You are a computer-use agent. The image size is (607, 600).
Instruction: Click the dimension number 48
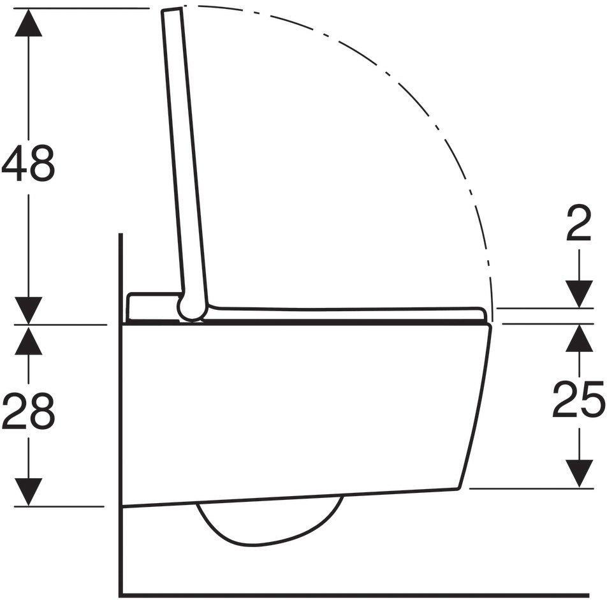[x=29, y=163]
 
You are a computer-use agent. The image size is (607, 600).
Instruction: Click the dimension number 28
[x=29, y=413]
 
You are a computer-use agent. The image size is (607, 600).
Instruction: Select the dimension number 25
[x=578, y=400]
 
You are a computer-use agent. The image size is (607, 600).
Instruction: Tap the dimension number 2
[x=578, y=226]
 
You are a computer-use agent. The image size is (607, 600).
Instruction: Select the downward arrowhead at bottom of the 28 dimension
[x=28, y=491]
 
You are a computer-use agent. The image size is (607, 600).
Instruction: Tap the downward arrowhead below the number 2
[x=578, y=293]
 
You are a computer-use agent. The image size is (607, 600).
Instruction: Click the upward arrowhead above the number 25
[x=578, y=339]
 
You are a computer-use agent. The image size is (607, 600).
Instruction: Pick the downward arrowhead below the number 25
[x=578, y=474]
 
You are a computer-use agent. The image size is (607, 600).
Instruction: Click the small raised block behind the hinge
[x=152, y=306]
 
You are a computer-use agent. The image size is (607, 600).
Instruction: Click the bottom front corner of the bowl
[x=460, y=489]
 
